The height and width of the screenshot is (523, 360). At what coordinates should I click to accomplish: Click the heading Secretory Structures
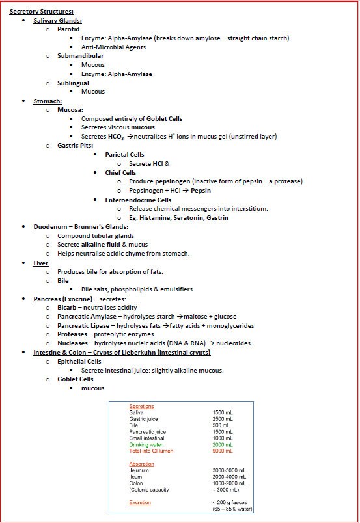pos(41,12)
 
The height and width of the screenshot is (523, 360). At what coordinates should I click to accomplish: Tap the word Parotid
pos(68,29)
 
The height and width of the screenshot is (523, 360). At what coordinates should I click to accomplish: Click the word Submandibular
pos(80,56)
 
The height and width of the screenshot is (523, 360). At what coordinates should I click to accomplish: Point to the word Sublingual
pos(74,83)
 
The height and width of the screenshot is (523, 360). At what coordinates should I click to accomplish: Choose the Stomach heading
pos(48,101)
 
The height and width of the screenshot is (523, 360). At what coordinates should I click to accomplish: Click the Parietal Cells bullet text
pos(124,154)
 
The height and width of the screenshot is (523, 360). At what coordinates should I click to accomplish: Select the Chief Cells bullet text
pos(120,172)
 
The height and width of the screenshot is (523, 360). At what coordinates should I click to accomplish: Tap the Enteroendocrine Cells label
pos(139,200)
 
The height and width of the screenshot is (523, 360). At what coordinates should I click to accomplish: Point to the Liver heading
pos(40,263)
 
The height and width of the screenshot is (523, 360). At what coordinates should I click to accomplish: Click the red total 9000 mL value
pos(223,451)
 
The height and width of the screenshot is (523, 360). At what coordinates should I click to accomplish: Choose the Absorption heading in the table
pos(141,464)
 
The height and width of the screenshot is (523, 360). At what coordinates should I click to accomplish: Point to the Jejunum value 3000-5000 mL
pos(229,470)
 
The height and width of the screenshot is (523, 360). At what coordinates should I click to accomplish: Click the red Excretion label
pos(140,502)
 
